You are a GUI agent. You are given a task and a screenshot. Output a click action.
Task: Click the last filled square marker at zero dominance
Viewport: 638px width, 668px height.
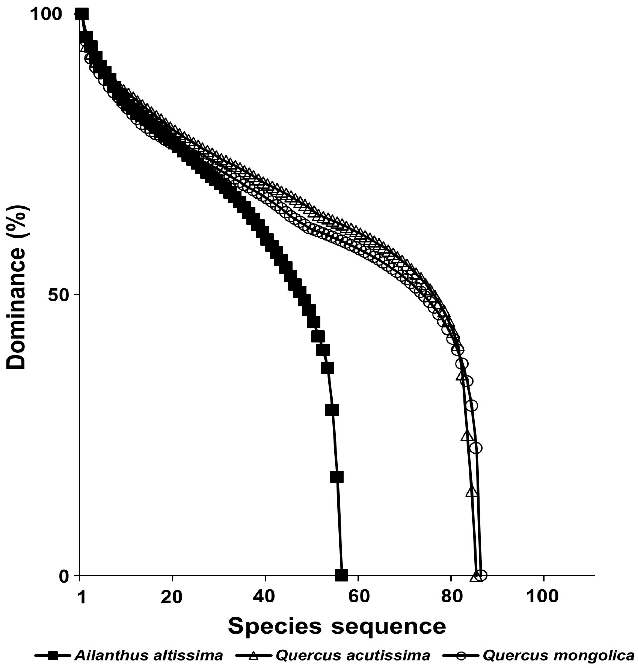pyautogui.click(x=342, y=575)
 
